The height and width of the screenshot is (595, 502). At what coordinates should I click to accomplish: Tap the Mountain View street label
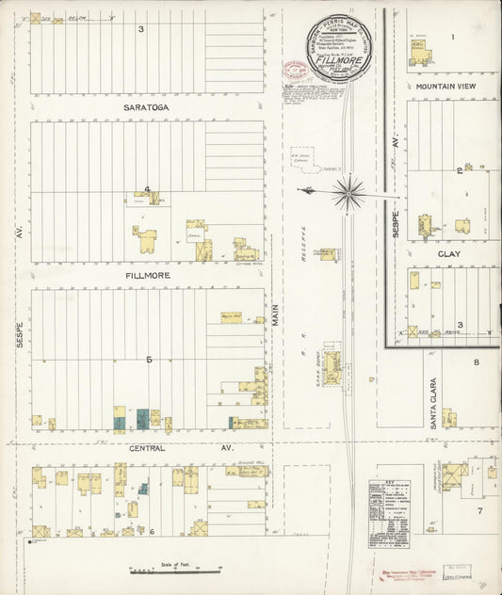coord(445,86)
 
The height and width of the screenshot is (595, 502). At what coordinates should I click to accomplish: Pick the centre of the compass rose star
coord(349,191)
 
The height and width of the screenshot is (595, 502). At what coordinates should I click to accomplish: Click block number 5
coord(149,359)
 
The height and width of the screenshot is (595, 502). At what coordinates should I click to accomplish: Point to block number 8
coord(477,362)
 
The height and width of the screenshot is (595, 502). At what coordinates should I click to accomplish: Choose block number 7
coord(478,511)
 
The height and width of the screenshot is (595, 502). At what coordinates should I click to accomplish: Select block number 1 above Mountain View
coord(452,37)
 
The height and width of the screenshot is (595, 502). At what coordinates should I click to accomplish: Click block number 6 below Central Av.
coord(152,532)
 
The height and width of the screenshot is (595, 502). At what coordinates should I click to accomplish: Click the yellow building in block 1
coord(419,53)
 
